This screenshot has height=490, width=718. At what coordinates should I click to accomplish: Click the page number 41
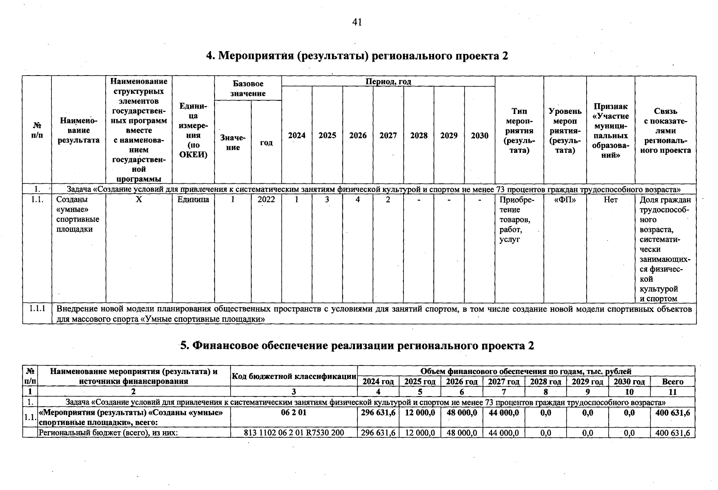point(357,22)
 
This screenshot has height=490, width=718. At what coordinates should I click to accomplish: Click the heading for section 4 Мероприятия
point(357,56)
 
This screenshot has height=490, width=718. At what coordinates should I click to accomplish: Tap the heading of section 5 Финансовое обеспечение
point(357,345)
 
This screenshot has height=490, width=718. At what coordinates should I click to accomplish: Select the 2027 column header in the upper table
point(388,136)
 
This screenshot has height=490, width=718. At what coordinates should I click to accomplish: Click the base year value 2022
point(266,200)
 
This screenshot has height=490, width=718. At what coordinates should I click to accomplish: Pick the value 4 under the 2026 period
point(357,200)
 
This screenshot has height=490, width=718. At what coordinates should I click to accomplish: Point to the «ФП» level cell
point(565,200)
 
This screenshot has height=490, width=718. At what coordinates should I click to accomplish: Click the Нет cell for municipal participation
point(610,200)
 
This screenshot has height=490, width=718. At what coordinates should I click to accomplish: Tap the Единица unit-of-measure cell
point(193,200)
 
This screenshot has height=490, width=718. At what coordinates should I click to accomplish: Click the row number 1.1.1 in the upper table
point(37,309)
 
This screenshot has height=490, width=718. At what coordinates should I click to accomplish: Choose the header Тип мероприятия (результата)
point(519,131)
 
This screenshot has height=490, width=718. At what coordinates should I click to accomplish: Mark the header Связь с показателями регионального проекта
point(665,131)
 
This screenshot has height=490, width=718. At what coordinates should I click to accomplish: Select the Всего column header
point(672,382)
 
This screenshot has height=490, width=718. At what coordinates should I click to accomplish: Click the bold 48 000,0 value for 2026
point(462,413)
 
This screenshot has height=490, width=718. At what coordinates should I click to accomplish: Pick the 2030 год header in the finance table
point(629,382)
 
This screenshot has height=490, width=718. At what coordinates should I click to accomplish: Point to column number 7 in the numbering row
point(503,392)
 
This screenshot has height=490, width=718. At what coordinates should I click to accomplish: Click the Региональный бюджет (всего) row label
point(108,433)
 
